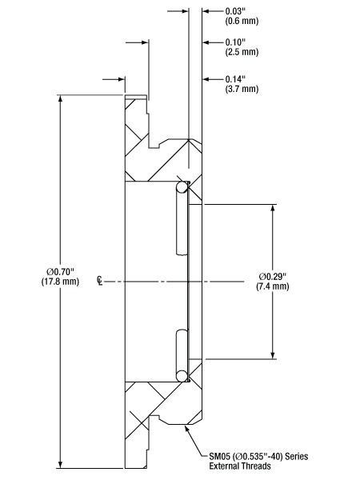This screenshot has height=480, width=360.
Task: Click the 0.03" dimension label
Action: (x=235, y=11)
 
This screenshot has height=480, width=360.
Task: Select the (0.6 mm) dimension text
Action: (x=242, y=21)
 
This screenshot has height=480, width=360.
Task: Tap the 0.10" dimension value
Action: (x=235, y=42)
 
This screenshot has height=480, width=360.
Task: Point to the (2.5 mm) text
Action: (x=242, y=52)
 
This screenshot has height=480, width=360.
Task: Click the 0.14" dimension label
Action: (x=235, y=79)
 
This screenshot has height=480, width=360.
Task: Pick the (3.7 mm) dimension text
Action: (x=242, y=89)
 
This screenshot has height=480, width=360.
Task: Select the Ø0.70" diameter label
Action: (x=60, y=271)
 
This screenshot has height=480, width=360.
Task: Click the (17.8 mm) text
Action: (x=60, y=282)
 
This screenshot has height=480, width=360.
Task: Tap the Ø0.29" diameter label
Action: (x=273, y=277)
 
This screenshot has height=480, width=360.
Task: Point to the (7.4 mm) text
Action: (x=273, y=286)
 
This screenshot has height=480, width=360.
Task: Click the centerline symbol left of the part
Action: (x=99, y=281)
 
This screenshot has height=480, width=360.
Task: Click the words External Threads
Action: (x=240, y=466)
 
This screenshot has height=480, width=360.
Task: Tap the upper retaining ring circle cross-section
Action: (x=182, y=187)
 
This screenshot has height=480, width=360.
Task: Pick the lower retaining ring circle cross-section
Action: (x=182, y=376)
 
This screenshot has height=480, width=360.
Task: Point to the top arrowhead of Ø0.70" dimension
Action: (x=61, y=99)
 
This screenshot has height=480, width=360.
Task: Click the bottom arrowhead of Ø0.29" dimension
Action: (x=273, y=354)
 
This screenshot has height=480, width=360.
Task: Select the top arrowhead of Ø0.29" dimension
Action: (x=273, y=209)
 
